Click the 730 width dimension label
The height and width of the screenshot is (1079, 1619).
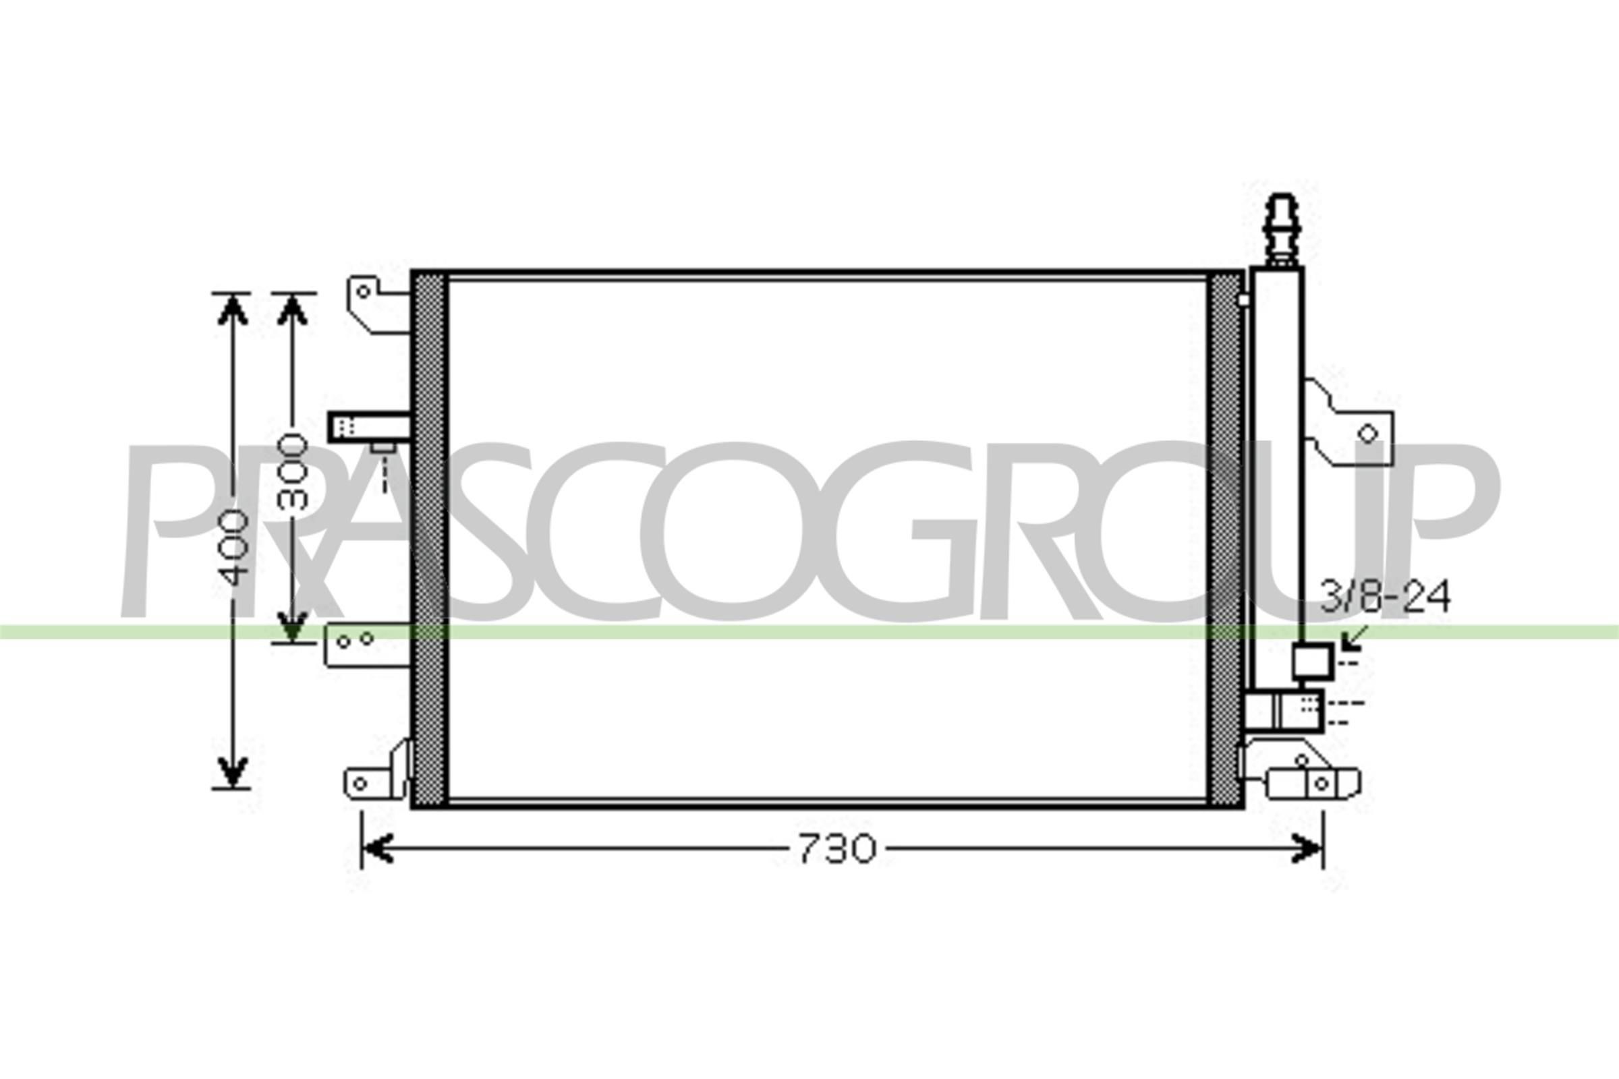pos(836,849)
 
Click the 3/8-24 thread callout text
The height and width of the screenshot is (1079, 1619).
pos(1384,597)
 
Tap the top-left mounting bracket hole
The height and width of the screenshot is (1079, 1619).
pos(363,291)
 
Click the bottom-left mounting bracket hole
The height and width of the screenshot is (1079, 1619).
pos(359,783)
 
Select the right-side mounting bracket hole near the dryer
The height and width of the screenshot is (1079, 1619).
pos(1368,434)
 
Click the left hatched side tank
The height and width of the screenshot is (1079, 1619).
pos(430,539)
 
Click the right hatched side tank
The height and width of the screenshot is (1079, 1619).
pos(1224,539)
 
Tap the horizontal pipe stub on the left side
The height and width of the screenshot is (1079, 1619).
pos(369,426)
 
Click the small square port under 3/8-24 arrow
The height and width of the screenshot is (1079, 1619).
pos(1312,662)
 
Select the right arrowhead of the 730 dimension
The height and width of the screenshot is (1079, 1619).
pos(1306,848)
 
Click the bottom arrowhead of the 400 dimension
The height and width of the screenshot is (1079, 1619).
pos(233,771)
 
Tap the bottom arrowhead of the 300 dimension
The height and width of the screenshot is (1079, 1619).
pos(293,626)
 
